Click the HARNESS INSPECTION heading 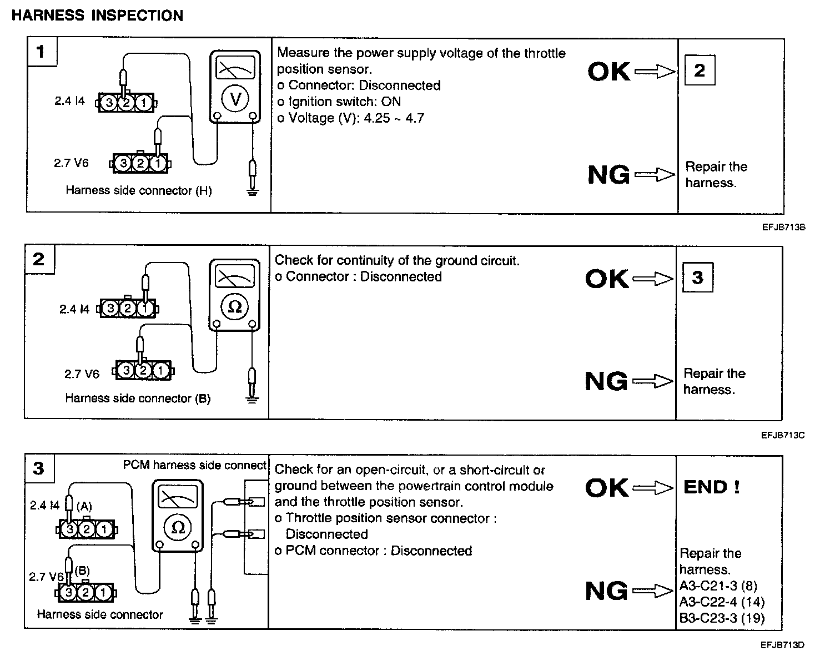click(97, 16)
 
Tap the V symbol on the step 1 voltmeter click(235, 99)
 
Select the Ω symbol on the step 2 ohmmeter click(235, 307)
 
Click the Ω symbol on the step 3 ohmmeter click(178, 527)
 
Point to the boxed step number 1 click(41, 52)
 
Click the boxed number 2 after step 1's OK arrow click(700, 70)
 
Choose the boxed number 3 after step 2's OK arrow click(697, 277)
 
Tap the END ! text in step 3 click(711, 487)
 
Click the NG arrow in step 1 click(655, 175)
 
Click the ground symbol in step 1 click(253, 193)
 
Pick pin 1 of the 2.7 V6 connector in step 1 click(158, 163)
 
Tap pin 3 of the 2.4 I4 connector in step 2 click(110, 309)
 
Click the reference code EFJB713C click(783, 435)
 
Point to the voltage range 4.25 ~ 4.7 click(394, 118)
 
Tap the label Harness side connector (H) click(139, 190)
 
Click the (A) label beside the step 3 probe click(84, 506)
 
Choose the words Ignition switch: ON click(344, 102)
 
